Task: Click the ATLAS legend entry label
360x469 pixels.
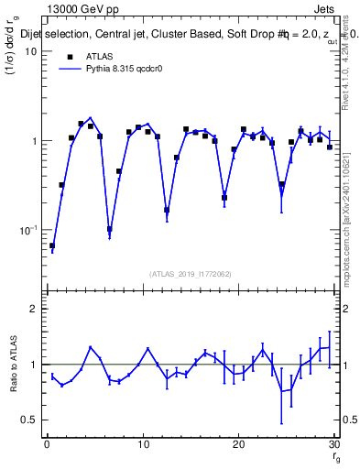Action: pyautogui.click(x=99, y=56)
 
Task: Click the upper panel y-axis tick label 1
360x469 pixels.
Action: pyautogui.click(x=36, y=141)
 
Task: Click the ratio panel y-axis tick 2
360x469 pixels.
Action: pyautogui.click(x=36, y=310)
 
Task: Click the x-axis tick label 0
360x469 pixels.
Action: pyautogui.click(x=47, y=445)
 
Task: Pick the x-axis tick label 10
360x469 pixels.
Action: pyautogui.click(x=142, y=445)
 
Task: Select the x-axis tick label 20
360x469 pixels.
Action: pyautogui.click(x=238, y=445)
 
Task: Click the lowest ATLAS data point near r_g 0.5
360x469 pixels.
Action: pyautogui.click(x=52, y=245)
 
